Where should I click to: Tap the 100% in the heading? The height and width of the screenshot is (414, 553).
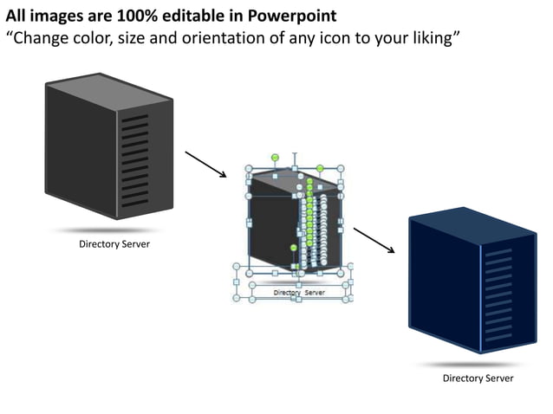(125, 16)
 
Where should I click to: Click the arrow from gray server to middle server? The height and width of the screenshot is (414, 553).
(205, 163)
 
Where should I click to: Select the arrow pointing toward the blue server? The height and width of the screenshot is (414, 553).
(374, 240)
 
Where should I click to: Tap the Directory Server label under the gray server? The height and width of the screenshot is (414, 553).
(114, 244)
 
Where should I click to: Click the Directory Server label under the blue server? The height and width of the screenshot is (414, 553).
(478, 378)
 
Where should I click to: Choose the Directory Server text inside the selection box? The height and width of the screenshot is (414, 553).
(299, 293)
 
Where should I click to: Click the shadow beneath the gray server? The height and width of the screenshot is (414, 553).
(104, 231)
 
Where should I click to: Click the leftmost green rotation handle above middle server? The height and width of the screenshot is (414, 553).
(275, 157)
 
